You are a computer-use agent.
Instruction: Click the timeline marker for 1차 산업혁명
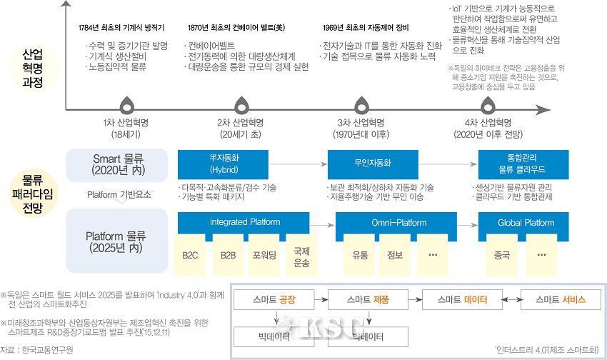(126, 106)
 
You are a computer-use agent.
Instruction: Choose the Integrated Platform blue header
(245, 222)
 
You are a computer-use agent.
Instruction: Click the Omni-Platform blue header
(398, 222)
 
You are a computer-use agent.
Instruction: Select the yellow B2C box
(190, 254)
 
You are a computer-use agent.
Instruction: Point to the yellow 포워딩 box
(264, 254)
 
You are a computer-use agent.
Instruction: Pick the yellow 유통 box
(358, 254)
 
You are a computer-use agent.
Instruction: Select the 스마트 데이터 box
(458, 299)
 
